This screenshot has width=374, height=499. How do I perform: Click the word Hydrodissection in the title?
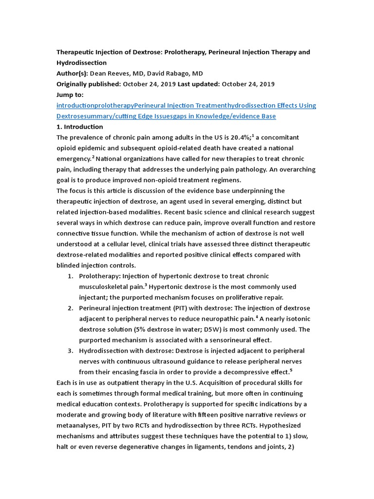point(82,63)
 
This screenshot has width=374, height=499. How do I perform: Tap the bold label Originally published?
point(89,84)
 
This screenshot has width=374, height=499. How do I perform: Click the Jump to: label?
point(70,95)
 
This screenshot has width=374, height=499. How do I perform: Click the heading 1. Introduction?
point(80,127)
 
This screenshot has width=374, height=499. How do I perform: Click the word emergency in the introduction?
point(74,159)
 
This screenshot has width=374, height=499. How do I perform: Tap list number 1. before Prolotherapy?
point(71,276)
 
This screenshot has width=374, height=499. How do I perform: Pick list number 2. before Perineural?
point(71,308)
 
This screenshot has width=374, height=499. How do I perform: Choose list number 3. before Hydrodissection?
point(71,351)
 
